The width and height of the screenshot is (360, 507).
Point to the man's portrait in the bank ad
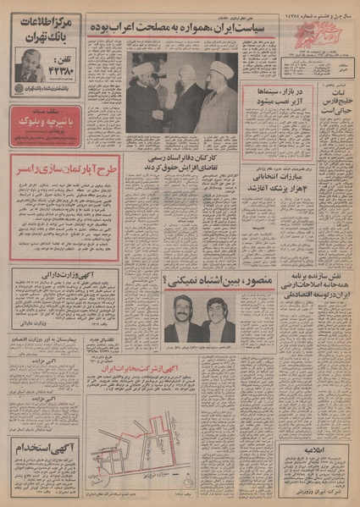(x=25, y=63)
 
